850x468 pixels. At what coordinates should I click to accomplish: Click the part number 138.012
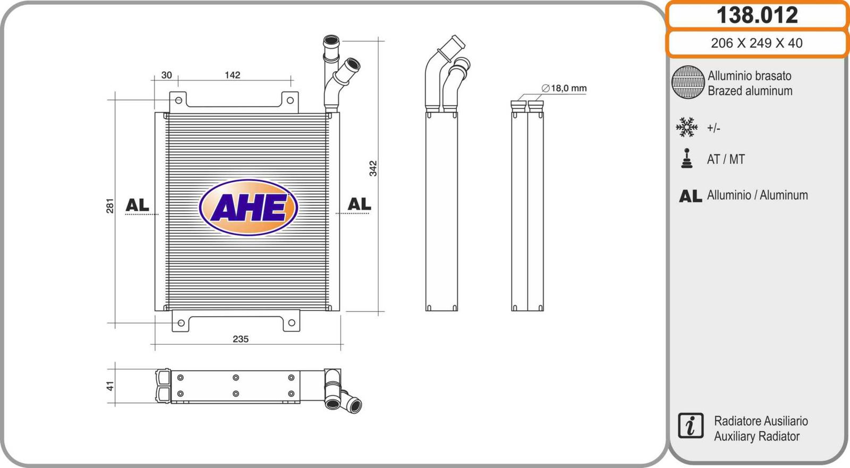(756, 15)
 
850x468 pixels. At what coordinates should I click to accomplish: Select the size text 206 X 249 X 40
(756, 43)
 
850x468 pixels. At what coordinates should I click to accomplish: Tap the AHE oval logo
(249, 207)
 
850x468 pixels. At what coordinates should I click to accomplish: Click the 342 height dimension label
(373, 168)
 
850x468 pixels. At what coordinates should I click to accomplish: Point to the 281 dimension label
(109, 206)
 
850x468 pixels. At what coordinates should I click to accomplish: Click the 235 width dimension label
(241, 339)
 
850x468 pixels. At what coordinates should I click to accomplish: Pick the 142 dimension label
(232, 75)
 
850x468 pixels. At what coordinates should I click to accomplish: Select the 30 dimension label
(167, 75)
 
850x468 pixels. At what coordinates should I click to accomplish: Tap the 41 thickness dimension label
(110, 386)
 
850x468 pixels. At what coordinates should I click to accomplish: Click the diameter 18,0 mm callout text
(564, 88)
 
